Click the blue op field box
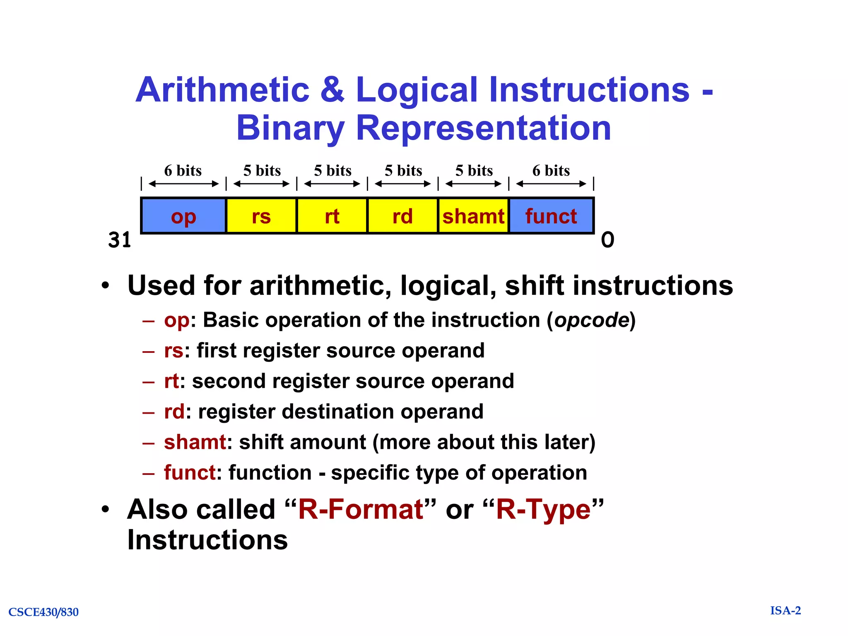pos(183,216)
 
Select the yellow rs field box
pos(261,216)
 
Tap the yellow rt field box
pos(332,216)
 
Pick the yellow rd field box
pos(402,216)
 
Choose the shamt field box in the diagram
pos(473,216)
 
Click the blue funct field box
pos(551,216)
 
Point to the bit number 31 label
pos(120,240)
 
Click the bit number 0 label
pos(607,240)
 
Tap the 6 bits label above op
pos(183,171)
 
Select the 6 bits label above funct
pos(551,171)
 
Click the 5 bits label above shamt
pos(474,171)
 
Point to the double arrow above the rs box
pos(261,184)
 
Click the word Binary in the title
pos(290,128)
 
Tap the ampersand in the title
pos(332,90)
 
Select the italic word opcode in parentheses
pos(592,320)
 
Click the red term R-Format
pos(360,509)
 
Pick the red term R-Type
pos(543,509)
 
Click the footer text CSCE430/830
pos(43,612)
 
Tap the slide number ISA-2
pos(785,610)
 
